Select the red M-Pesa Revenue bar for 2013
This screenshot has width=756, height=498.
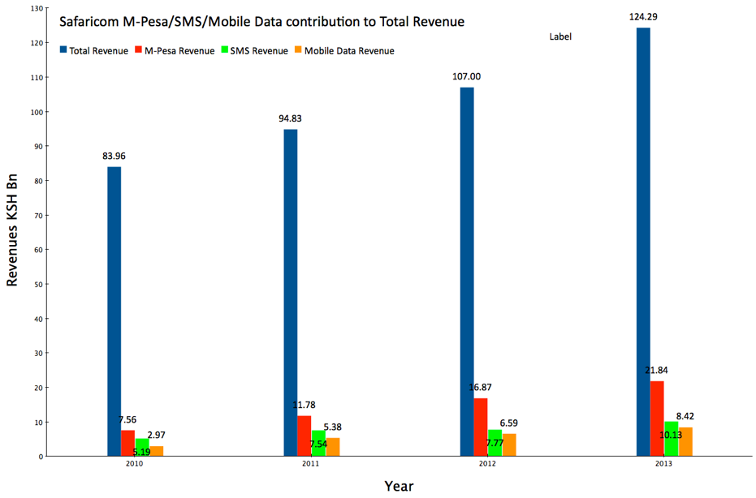pyautogui.click(x=657, y=419)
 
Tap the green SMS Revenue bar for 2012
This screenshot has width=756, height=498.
pyautogui.click(x=495, y=443)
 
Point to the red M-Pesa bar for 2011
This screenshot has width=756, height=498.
pyautogui.click(x=305, y=436)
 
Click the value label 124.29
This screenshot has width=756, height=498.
pyautogui.click(x=642, y=16)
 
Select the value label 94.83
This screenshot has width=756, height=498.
pyautogui.click(x=290, y=118)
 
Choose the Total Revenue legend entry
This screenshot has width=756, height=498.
pyautogui.click(x=93, y=51)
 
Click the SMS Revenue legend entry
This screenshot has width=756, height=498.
pyautogui.click(x=253, y=51)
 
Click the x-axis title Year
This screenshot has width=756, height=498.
pyautogui.click(x=398, y=486)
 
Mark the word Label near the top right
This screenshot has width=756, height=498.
pyautogui.click(x=560, y=36)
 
